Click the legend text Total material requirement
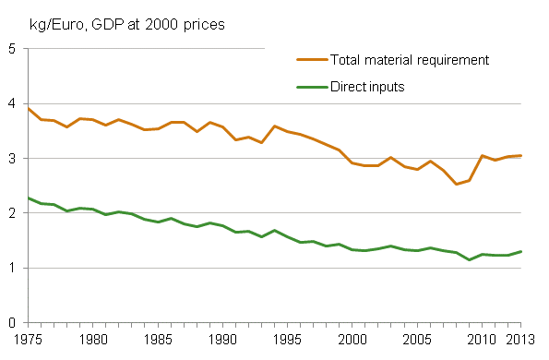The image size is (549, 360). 409,60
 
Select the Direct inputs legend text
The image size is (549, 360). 369,87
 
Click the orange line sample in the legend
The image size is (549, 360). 311,60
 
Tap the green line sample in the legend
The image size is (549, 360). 311,87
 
